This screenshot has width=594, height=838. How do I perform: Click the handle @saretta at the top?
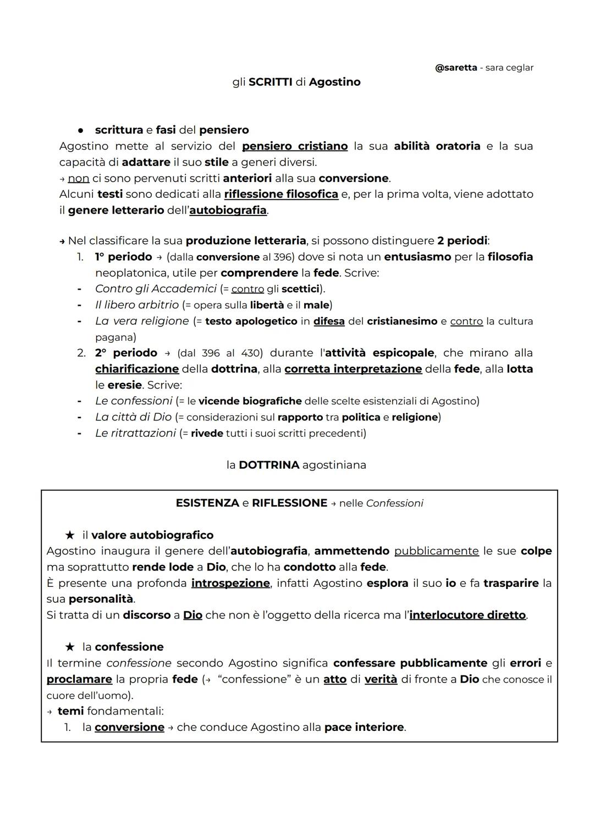coord(456,68)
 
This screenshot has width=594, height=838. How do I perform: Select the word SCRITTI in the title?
coord(270,82)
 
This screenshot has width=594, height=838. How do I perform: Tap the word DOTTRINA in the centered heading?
coord(269,465)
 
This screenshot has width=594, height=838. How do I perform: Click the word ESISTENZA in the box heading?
coord(207,503)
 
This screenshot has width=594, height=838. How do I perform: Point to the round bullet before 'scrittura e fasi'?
coord(80,130)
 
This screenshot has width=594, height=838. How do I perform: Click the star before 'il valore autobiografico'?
coord(70,535)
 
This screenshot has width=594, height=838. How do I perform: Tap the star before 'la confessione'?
coord(70,647)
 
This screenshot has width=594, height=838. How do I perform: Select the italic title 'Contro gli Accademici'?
coord(156,288)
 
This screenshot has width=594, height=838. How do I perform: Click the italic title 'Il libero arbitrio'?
coord(137,304)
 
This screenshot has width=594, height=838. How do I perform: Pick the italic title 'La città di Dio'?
coord(133,417)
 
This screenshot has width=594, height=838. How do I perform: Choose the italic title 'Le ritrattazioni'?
coord(135,433)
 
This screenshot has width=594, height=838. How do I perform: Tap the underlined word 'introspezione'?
coord(230,583)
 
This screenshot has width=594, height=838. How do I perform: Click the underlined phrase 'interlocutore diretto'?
coord(468,615)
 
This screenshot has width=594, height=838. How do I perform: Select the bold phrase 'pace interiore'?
coord(364,727)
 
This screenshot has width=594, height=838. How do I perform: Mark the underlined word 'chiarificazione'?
coord(137,369)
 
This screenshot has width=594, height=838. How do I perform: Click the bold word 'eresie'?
coord(124,385)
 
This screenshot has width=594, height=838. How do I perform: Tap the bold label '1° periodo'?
coord(123,257)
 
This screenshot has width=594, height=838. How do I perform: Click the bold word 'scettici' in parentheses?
coord(300,289)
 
